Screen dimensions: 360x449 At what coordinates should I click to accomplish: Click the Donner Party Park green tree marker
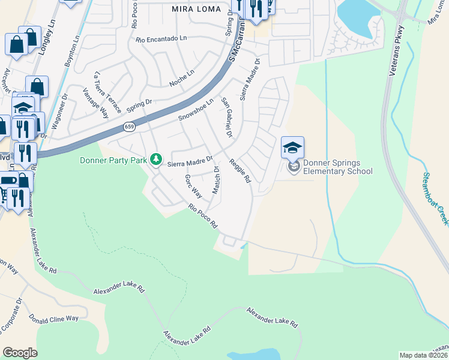click(x=156, y=159)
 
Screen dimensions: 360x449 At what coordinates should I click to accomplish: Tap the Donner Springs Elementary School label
click(x=337, y=167)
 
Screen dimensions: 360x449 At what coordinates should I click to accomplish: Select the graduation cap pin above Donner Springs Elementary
click(x=293, y=148)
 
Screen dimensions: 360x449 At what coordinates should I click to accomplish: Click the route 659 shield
click(x=130, y=127)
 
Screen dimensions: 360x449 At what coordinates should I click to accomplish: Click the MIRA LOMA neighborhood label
click(x=197, y=9)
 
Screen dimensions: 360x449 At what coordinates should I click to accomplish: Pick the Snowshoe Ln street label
click(x=196, y=110)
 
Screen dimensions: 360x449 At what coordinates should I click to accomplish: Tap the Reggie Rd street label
click(x=239, y=170)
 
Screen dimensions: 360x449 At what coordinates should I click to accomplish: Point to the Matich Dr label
click(x=215, y=181)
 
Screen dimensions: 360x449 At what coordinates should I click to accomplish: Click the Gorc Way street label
click(x=193, y=186)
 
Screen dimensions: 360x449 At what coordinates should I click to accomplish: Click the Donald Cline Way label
click(x=54, y=319)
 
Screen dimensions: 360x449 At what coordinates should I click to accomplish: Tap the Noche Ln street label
click(x=182, y=78)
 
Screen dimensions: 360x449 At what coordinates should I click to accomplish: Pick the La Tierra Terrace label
click(x=107, y=92)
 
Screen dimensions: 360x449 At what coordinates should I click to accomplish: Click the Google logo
click(x=20, y=353)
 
